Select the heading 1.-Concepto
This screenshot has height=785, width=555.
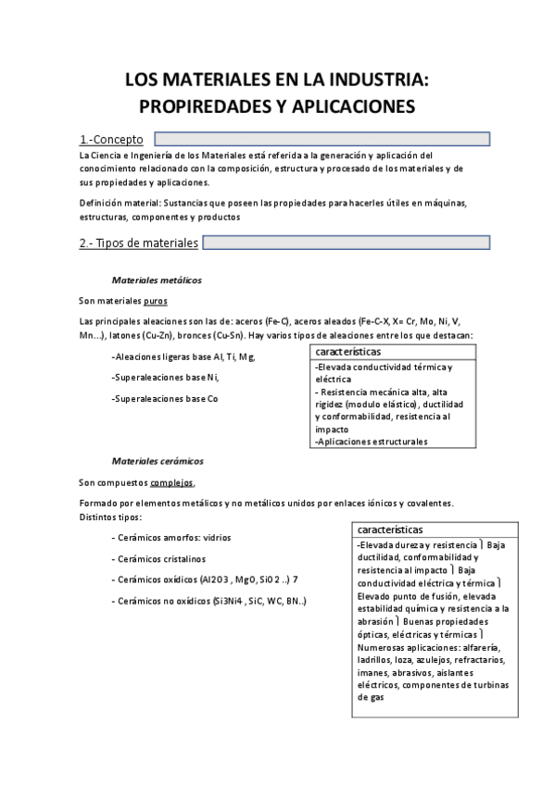click(x=111, y=140)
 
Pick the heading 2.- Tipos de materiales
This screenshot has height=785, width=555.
click(x=139, y=243)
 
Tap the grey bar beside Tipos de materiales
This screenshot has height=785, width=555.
click(x=346, y=243)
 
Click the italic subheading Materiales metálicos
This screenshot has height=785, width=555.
click(x=157, y=280)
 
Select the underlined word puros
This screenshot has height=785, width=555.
click(x=156, y=301)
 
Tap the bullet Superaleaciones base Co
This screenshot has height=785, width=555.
click(x=164, y=399)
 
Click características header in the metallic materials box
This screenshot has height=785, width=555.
click(x=348, y=353)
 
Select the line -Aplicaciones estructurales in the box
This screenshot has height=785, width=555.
click(x=371, y=442)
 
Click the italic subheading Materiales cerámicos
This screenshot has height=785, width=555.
click(x=158, y=461)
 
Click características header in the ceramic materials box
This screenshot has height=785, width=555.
click(x=390, y=530)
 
